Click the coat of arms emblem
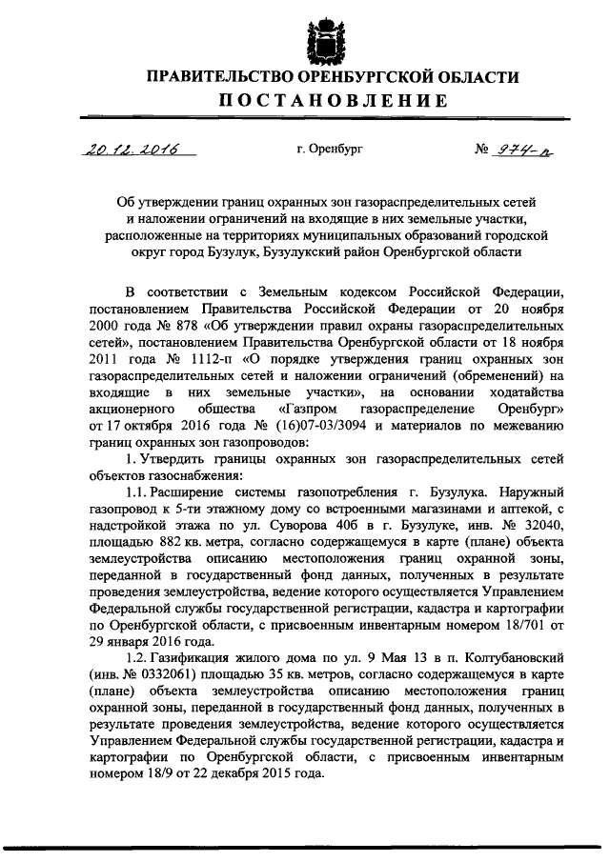pyautogui.click(x=325, y=35)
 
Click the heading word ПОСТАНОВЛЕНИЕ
pyautogui.click(x=325, y=101)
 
